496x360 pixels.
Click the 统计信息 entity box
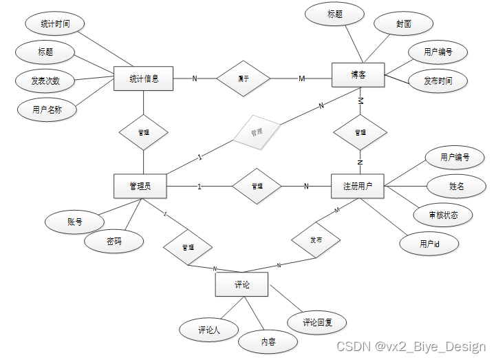[x=144, y=78]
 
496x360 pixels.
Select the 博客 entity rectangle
[x=358, y=75]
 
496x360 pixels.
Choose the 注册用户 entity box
[x=358, y=186]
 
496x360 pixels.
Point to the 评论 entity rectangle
[x=242, y=284]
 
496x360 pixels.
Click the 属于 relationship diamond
[x=244, y=78]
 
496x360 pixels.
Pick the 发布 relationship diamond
[x=316, y=240]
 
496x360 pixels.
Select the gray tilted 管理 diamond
[x=257, y=131]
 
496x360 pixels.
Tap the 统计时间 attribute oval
[x=56, y=24]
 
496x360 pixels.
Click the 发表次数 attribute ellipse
[x=45, y=81]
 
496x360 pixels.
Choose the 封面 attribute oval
[x=403, y=23]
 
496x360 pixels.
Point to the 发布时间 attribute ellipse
[x=438, y=81]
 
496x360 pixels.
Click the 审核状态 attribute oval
[x=443, y=215]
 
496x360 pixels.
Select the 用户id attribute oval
[x=429, y=244]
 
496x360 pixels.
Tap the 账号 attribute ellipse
[x=74, y=222]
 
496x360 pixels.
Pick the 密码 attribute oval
[x=114, y=242]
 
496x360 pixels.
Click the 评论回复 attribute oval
[x=319, y=321]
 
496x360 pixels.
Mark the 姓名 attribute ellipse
[x=456, y=186]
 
